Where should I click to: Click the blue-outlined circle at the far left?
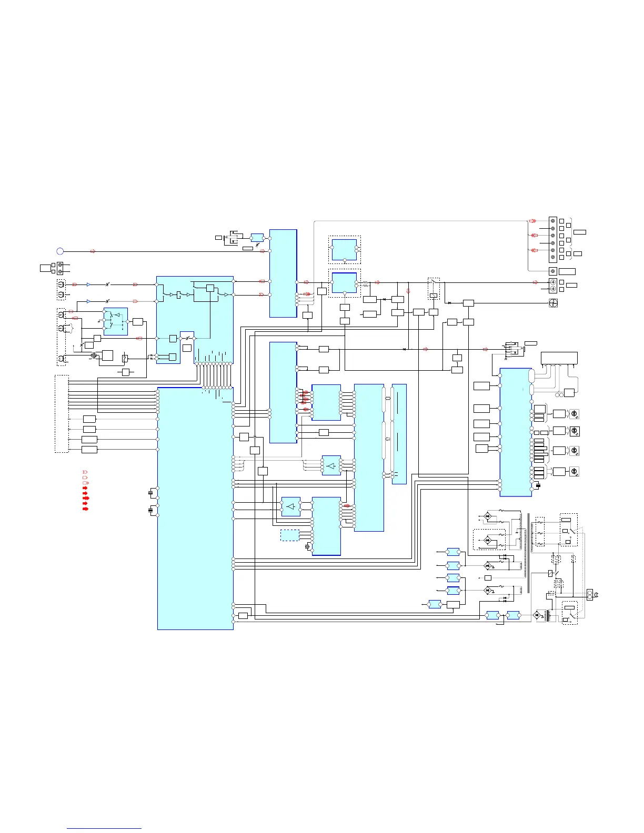click(60, 251)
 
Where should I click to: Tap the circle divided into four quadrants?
click(552, 303)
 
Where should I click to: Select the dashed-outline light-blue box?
click(289, 535)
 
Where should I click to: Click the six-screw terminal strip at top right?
click(552, 239)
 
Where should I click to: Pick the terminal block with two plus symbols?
click(552, 286)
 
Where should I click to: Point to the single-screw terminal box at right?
click(552, 271)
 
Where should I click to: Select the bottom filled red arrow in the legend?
click(85, 509)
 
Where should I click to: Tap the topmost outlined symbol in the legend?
click(85, 472)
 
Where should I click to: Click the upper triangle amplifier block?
click(331, 465)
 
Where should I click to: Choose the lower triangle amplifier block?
click(290, 506)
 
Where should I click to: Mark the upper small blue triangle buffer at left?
click(88, 285)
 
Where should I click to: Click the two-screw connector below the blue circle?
click(60, 268)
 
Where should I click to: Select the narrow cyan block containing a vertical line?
click(399, 434)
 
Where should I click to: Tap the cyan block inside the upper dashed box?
click(344, 250)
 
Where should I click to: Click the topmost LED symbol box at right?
click(575, 414)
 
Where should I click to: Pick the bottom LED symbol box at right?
click(575, 472)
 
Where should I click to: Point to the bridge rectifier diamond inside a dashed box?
click(488, 540)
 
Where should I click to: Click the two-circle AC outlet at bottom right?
click(590, 595)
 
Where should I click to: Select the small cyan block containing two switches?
click(116, 321)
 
